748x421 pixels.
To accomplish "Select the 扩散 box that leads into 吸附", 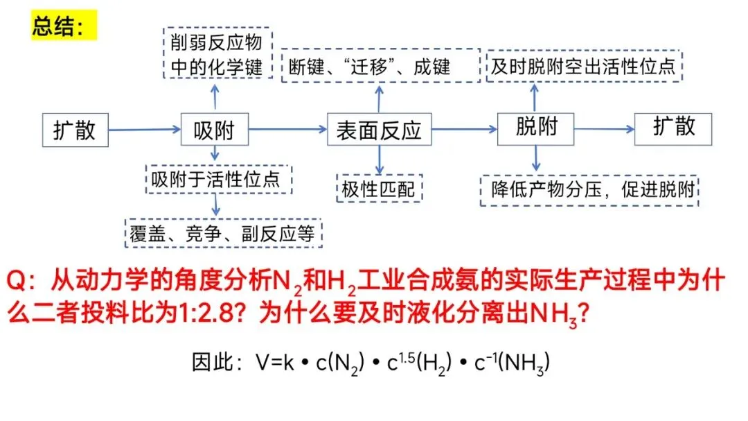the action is pos(75,129).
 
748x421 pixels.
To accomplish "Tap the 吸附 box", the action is pos(214,129).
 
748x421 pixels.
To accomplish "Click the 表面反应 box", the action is pos(379,130).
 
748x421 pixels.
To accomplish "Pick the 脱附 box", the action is pos(536,128).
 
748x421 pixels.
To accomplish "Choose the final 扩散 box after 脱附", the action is pos(673,128).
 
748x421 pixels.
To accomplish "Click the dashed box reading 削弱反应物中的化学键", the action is pos(217,54).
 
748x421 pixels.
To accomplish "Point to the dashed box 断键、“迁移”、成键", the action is pos(380,66).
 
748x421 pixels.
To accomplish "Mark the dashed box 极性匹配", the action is pos(379,189).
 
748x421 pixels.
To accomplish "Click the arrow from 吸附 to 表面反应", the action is pos(287,129).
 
